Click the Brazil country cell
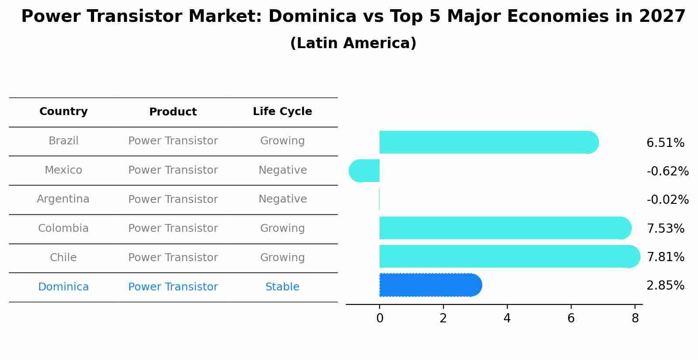[x=63, y=141]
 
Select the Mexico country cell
[x=63, y=170]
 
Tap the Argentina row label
[x=63, y=199]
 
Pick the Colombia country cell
[x=63, y=228]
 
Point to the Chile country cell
[x=63, y=258]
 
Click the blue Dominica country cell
[x=63, y=287]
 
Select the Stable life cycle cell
[x=282, y=287]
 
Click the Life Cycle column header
[x=282, y=112]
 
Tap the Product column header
[x=173, y=112]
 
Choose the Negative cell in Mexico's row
[x=283, y=170]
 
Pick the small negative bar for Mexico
[x=364, y=171]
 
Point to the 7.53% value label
[x=665, y=228]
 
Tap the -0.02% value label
[x=667, y=200]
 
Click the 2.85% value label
[x=665, y=286]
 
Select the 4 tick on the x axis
[x=507, y=318]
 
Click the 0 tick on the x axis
[x=380, y=318]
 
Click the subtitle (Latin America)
[x=353, y=43]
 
